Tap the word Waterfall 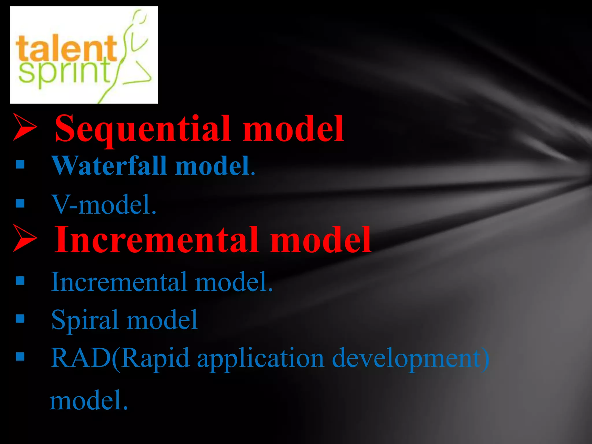(109, 166)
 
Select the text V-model (103, 205)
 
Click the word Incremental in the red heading (156, 240)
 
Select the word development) (410, 358)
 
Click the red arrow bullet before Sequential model (25, 127)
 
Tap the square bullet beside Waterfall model (20, 165)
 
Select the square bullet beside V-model (20, 203)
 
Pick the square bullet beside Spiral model (20, 319)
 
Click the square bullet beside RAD (20, 357)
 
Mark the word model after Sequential (293, 129)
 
